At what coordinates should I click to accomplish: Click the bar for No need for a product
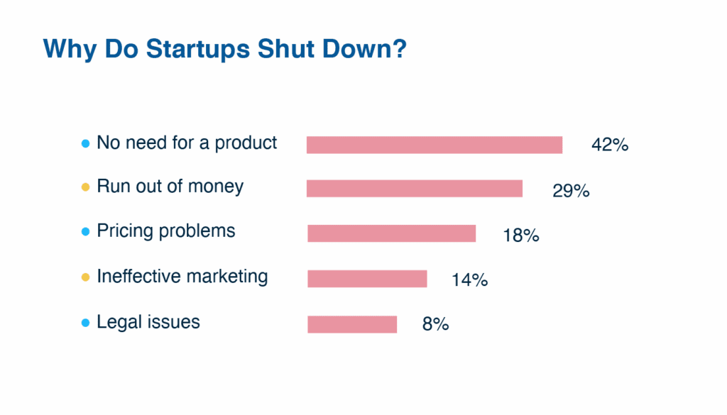[x=434, y=145]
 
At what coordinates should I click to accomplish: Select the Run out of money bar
[x=415, y=189]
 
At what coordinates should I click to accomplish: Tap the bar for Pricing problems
[x=391, y=233]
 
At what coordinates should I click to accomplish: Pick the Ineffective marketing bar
[x=367, y=279]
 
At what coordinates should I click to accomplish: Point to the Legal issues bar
[x=352, y=324]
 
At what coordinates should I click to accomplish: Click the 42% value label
[x=610, y=145]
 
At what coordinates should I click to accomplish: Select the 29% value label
[x=571, y=191]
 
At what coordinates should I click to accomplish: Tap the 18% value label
[x=521, y=236]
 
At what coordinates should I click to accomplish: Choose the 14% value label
[x=469, y=280]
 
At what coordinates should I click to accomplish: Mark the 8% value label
[x=435, y=325]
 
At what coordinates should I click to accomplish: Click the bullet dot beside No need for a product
[x=86, y=144]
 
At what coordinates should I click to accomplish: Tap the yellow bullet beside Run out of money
[x=86, y=188]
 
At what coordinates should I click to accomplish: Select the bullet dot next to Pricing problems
[x=86, y=232]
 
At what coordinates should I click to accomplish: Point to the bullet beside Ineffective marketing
[x=86, y=277]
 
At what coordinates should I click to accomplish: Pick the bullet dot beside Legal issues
[x=86, y=323]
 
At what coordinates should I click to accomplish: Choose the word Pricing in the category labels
[x=124, y=232]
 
